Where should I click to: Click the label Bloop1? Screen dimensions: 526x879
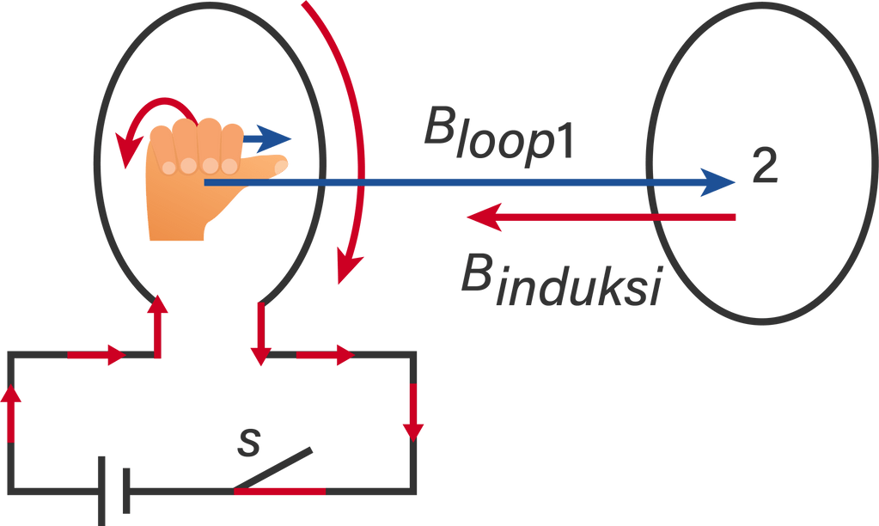(498, 138)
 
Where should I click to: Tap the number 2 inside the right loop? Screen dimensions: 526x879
(764, 168)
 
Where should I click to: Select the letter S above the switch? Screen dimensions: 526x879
(248, 441)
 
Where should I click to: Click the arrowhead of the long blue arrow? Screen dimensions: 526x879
(717, 181)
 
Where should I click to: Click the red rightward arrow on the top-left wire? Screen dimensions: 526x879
(99, 354)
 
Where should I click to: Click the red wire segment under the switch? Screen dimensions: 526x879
(279, 492)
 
